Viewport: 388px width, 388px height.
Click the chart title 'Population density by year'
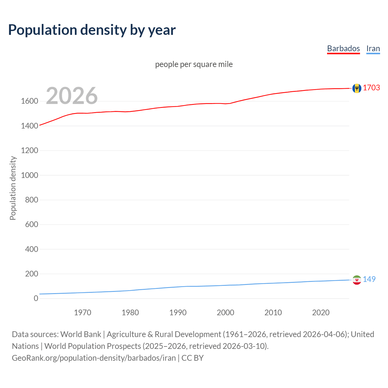tap(92, 30)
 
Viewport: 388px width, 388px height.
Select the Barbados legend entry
tap(343, 48)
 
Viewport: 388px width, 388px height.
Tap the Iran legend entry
tap(373, 48)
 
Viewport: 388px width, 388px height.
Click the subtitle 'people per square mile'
tap(194, 64)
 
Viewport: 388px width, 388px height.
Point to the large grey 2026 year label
tap(72, 96)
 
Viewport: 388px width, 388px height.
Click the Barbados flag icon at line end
tap(357, 88)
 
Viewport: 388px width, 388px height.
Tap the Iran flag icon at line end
tap(357, 280)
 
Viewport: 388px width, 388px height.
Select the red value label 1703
tap(371, 88)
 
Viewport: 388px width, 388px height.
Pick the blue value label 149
tap(369, 279)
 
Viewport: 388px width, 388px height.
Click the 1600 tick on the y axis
tap(29, 101)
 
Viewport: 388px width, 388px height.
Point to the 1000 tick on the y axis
tap(29, 175)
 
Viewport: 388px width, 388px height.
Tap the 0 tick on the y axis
tap(36, 299)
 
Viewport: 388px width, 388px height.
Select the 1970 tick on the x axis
tap(82, 313)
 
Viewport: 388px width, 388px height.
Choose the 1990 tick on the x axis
tap(178, 313)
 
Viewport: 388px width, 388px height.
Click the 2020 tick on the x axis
tap(321, 313)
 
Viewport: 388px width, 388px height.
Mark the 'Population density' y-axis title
tap(13, 188)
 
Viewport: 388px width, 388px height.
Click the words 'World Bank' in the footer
tap(81, 334)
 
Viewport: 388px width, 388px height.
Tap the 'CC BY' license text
tap(192, 358)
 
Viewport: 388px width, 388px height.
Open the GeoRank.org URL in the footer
tap(94, 358)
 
